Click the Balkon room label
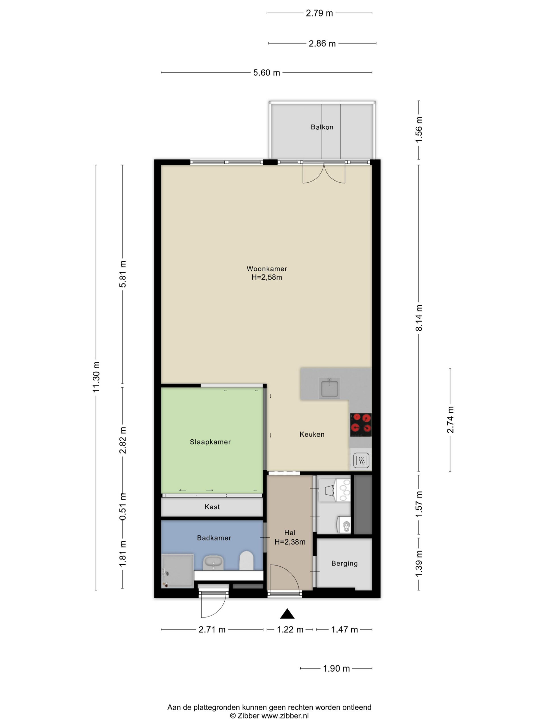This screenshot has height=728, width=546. [322, 127]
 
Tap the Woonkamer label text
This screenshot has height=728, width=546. [266, 268]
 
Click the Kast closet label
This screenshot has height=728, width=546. [212, 506]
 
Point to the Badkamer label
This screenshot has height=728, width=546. [214, 538]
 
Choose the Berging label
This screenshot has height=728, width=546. [344, 563]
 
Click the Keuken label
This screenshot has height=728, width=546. [312, 434]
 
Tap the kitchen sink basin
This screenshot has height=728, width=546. [329, 388]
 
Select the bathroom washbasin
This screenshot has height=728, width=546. [213, 562]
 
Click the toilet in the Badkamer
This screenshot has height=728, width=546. [246, 561]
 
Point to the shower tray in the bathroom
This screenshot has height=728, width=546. [177, 570]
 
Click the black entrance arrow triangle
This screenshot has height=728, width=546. [287, 613]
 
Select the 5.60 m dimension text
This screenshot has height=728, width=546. [266, 73]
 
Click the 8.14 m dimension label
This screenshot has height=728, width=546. [419, 318]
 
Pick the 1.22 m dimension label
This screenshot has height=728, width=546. [290, 630]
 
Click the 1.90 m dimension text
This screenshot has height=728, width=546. [336, 669]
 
